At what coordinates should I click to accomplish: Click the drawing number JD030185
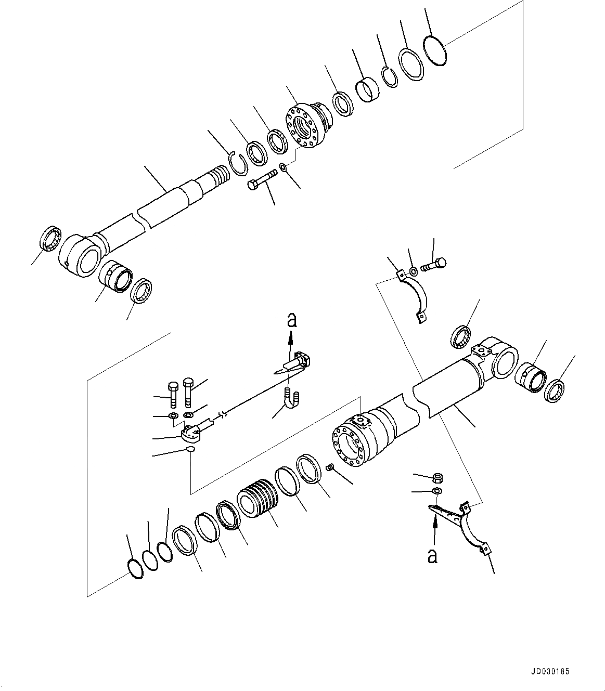pyautogui.click(x=551, y=671)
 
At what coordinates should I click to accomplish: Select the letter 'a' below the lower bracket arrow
pyautogui.click(x=432, y=556)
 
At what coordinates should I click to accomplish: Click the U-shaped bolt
pyautogui.click(x=291, y=399)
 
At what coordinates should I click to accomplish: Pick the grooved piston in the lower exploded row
pyautogui.click(x=259, y=498)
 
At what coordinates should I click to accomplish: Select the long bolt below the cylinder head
pyautogui.click(x=264, y=181)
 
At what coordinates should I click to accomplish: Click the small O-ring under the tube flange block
pyautogui.click(x=191, y=449)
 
